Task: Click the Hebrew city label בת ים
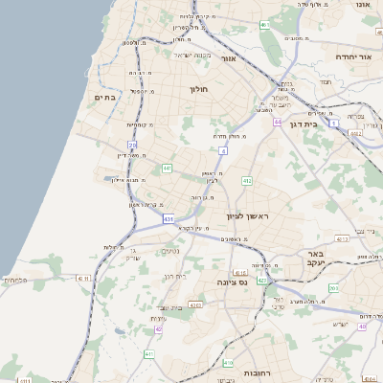(x=105, y=97)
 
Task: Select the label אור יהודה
(x=347, y=56)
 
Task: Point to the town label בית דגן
(x=297, y=124)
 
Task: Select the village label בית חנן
(x=175, y=276)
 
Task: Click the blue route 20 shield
(x=132, y=145)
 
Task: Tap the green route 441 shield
(x=167, y=169)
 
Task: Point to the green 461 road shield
(x=263, y=25)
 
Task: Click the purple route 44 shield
(x=278, y=122)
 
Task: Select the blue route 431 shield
(x=169, y=219)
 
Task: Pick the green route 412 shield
(x=246, y=180)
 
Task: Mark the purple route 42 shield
(x=158, y=328)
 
